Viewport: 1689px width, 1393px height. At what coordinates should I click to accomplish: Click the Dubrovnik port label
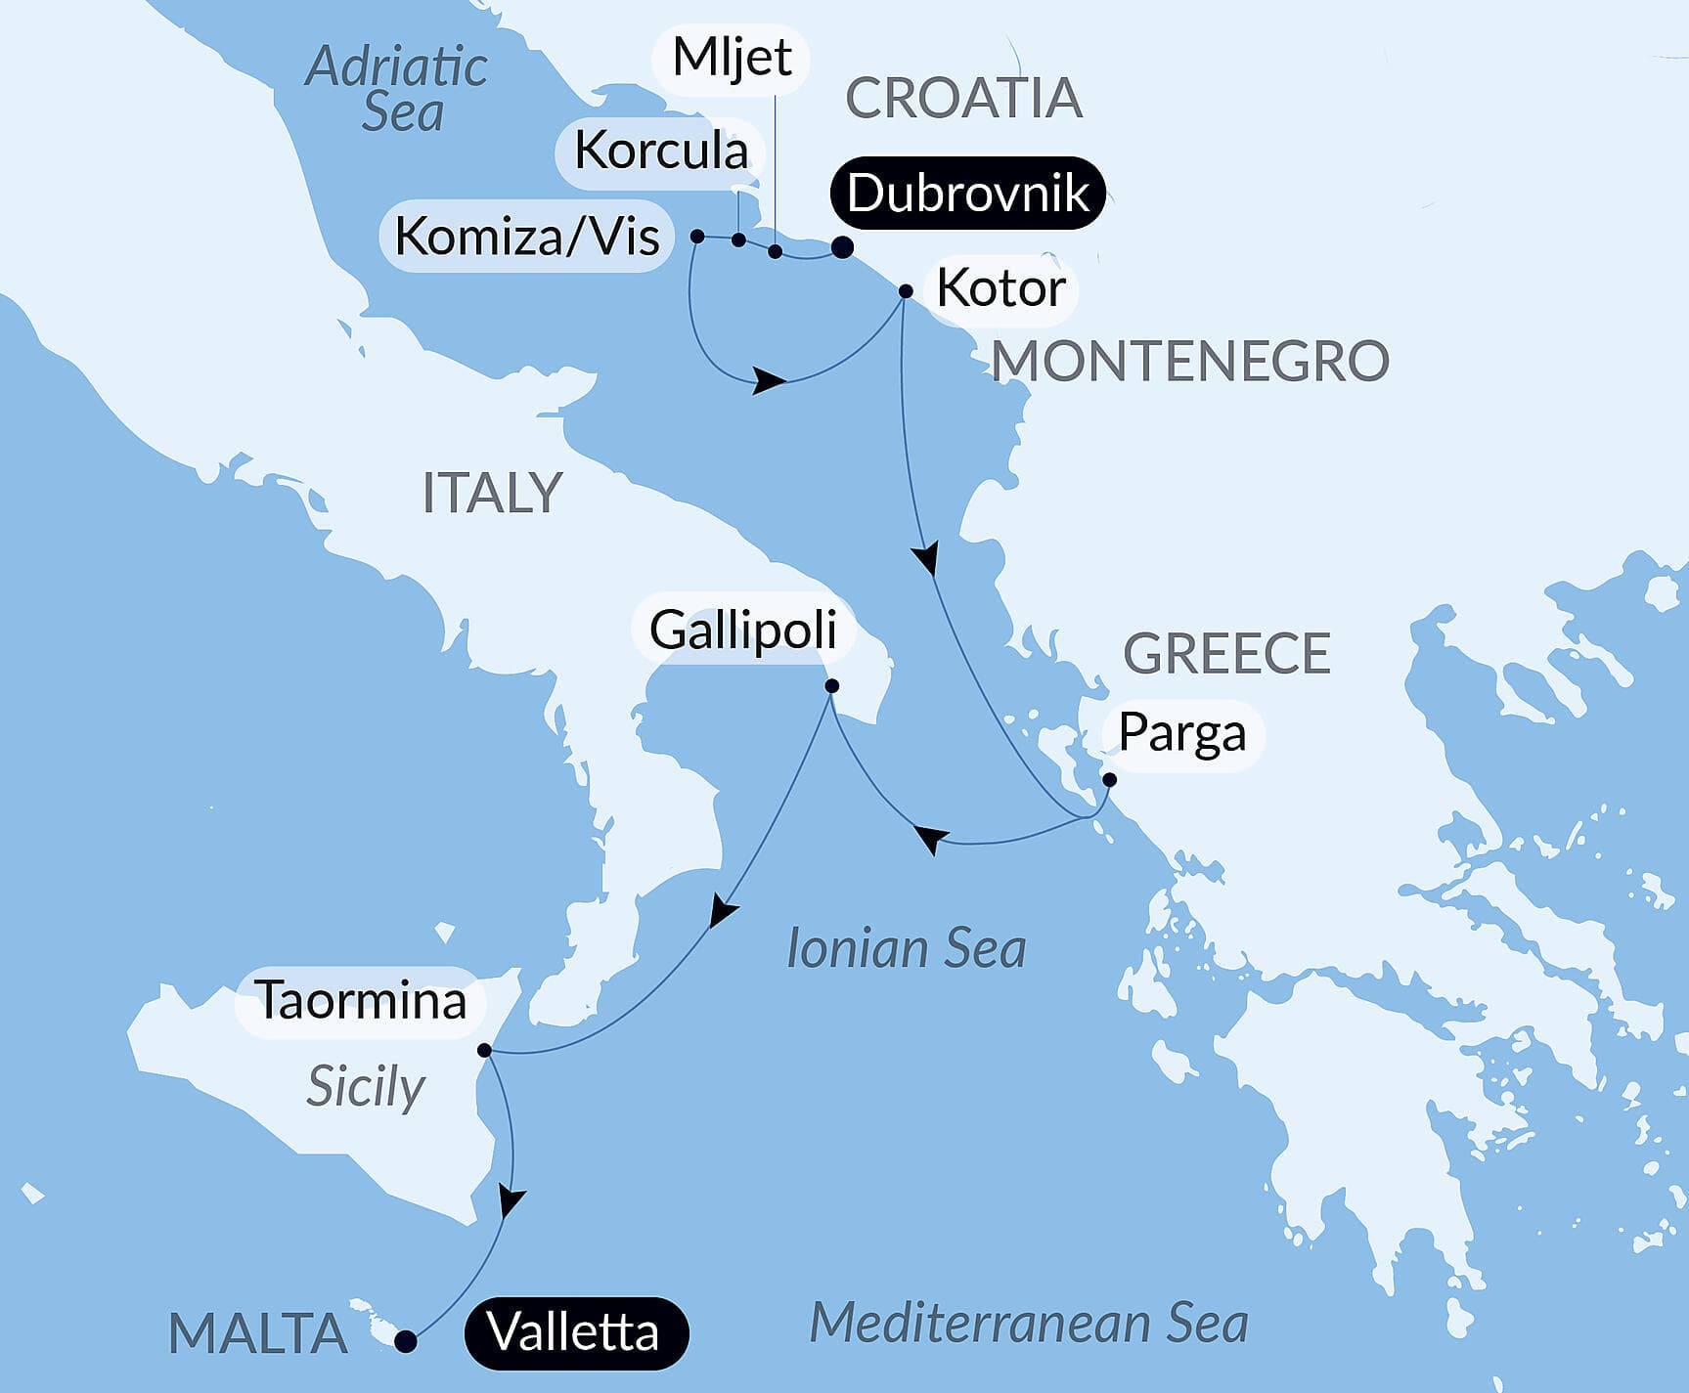click(x=967, y=193)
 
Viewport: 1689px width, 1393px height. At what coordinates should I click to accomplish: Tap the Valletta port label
click(x=575, y=1332)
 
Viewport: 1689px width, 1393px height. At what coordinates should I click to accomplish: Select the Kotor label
click(x=1000, y=288)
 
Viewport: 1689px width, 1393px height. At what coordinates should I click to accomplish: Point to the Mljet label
click(x=732, y=58)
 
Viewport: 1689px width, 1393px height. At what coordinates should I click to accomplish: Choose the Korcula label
click(x=660, y=151)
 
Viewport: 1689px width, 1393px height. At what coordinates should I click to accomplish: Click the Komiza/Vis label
click(x=527, y=237)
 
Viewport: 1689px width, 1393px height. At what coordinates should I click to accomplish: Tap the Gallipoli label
click(x=743, y=630)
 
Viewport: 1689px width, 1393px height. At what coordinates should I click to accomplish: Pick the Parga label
click(x=1181, y=733)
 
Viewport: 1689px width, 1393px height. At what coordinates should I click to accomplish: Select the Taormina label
click(x=361, y=1001)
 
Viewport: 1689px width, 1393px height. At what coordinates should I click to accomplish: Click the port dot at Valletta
click(x=405, y=1342)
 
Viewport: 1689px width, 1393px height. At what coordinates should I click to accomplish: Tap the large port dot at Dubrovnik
click(x=842, y=247)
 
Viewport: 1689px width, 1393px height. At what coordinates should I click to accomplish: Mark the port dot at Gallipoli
click(x=831, y=686)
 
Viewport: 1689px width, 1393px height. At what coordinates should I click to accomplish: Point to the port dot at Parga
click(x=1109, y=780)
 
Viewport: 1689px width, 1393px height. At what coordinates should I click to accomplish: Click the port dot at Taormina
click(x=484, y=1051)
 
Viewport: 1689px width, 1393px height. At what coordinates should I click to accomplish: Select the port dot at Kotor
click(x=906, y=291)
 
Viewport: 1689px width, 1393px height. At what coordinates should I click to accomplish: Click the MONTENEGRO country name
click(x=1190, y=361)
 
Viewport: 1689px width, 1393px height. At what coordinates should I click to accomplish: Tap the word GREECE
click(x=1226, y=653)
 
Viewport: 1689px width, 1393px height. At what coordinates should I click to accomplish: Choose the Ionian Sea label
click(x=907, y=949)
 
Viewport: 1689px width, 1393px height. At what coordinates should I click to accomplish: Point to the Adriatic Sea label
click(x=397, y=89)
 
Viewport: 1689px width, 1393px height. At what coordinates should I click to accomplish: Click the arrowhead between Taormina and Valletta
click(x=510, y=1200)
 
